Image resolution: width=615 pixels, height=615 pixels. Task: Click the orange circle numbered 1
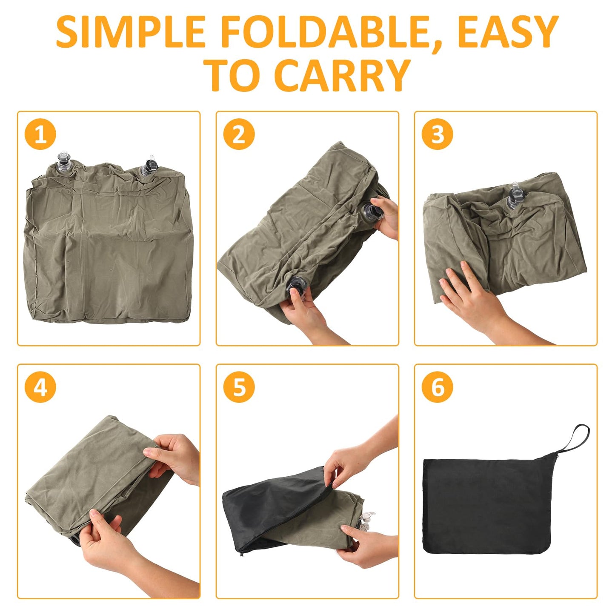tap(40, 134)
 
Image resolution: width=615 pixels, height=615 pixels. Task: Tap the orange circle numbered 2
tap(239, 134)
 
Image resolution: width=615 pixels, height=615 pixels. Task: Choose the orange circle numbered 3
tap(437, 134)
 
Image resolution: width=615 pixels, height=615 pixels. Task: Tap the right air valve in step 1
tap(149, 166)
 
